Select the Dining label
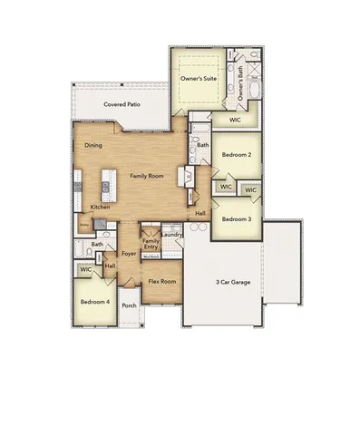coord(92,145)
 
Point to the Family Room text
coord(146,175)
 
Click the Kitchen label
coord(100,208)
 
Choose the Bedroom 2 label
coord(237,155)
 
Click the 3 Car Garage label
coord(235,283)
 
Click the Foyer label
coord(129,254)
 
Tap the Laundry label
coord(173,236)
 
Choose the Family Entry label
coord(151,244)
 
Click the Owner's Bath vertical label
coord(240,82)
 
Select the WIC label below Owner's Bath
coord(234,119)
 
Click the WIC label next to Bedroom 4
coord(85,269)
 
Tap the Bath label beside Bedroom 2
coord(202,144)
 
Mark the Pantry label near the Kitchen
coord(83,222)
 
